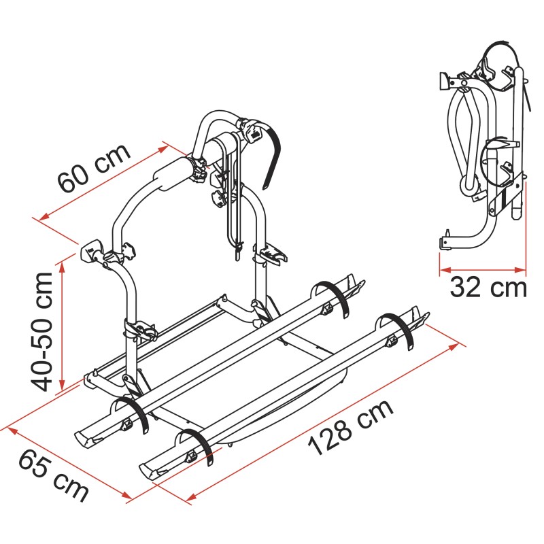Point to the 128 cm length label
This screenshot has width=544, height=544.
pyautogui.click(x=351, y=428)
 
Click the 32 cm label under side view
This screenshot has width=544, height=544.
pyautogui.click(x=488, y=288)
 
